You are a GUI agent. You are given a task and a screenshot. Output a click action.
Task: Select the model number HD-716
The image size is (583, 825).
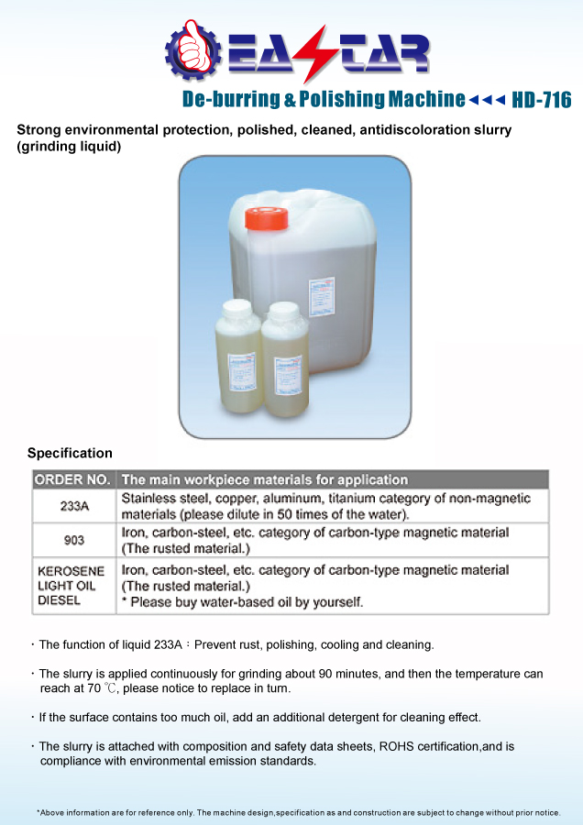[x=540, y=100]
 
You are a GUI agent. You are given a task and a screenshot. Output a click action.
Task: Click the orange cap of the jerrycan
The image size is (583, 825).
[x=267, y=217]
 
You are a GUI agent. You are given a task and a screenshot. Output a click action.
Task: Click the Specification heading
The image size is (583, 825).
[x=70, y=453]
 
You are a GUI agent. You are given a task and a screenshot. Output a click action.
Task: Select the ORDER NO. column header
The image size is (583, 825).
[x=72, y=479]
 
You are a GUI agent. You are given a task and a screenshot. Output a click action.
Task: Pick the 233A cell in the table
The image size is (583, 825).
[x=73, y=506]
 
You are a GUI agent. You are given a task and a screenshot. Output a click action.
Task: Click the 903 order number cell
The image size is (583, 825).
[x=73, y=540]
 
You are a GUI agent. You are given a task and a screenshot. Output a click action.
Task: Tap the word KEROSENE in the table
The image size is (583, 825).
[x=71, y=571]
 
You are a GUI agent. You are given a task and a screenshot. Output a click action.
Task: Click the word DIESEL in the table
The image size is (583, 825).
[x=60, y=601]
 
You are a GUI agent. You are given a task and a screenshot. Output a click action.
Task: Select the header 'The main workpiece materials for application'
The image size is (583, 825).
[x=265, y=479]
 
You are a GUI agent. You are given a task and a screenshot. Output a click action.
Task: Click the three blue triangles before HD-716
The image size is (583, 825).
[x=487, y=100]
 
